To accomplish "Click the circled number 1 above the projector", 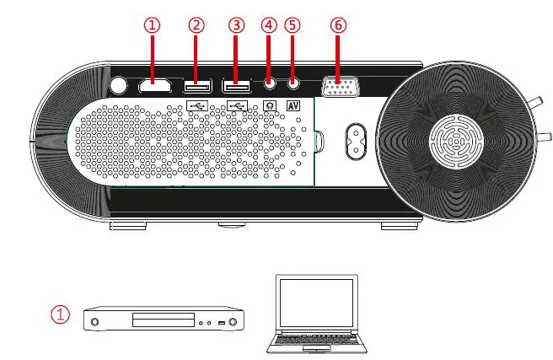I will (x=153, y=25).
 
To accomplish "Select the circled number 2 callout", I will (x=196, y=25).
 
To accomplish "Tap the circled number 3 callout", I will (x=236, y=25).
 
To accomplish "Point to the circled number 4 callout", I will (x=269, y=25).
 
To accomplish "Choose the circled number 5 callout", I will (x=293, y=25).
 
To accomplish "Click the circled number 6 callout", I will (x=338, y=25).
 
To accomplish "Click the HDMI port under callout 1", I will (x=153, y=85).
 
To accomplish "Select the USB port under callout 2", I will (x=196, y=85).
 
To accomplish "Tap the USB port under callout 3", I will (x=236, y=85).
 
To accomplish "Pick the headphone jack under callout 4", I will (x=270, y=83).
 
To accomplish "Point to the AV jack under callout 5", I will (x=293, y=83).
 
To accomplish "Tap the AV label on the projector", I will (x=293, y=105).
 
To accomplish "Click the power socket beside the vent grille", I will (x=353, y=141).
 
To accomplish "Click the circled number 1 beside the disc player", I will (x=60, y=314).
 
